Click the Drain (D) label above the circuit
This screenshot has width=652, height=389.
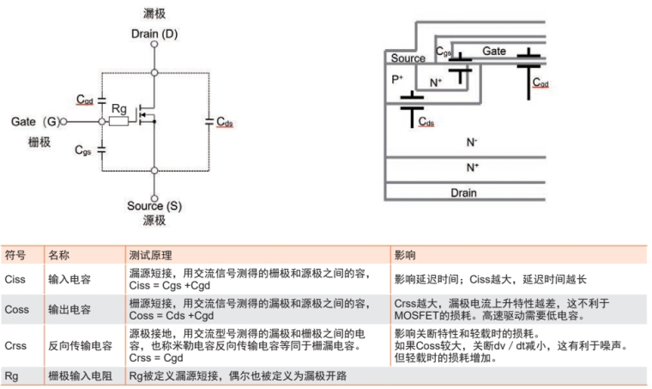click(154, 33)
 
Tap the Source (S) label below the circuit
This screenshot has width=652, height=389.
click(154, 206)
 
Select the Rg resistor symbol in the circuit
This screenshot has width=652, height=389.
click(119, 122)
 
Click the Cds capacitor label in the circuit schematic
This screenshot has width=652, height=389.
click(225, 122)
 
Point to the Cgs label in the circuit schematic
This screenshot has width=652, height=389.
click(83, 150)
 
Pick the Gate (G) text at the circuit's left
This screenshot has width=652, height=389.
click(37, 122)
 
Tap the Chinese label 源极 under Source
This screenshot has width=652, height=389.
click(154, 221)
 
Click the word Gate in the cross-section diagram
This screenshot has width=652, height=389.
click(494, 52)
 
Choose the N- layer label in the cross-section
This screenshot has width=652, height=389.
click(472, 143)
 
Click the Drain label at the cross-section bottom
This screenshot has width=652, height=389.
click(464, 193)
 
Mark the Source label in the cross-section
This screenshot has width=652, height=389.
click(407, 58)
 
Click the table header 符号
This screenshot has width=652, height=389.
click(15, 255)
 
